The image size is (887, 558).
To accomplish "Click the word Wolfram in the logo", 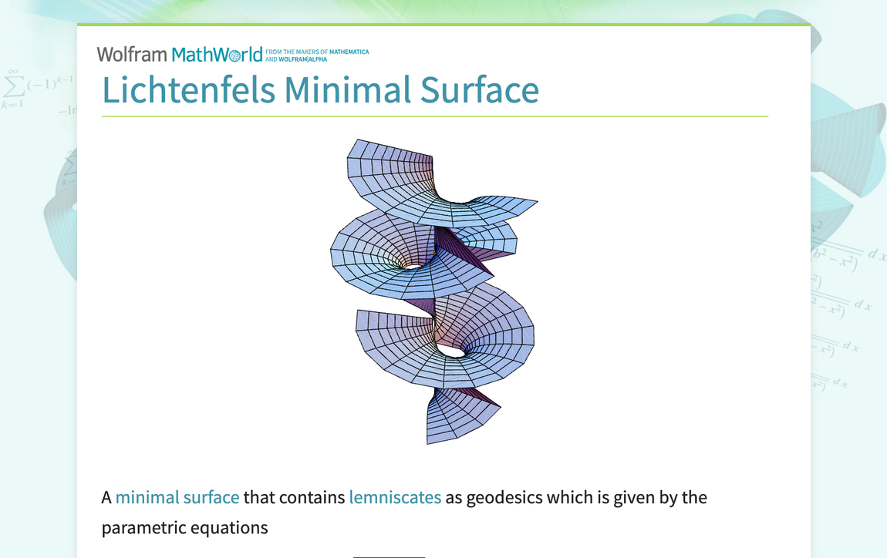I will click(x=132, y=55).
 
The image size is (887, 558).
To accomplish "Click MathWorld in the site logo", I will click(x=217, y=55).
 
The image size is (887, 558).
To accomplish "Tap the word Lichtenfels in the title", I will click(x=188, y=90).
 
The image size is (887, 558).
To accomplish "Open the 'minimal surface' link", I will click(x=177, y=497).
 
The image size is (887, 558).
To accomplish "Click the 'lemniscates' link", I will click(x=395, y=497).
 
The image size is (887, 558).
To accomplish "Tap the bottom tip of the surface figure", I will click(x=429, y=442).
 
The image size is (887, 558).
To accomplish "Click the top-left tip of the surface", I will click(x=353, y=142).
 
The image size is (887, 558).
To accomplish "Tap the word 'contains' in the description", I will click(x=312, y=497).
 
